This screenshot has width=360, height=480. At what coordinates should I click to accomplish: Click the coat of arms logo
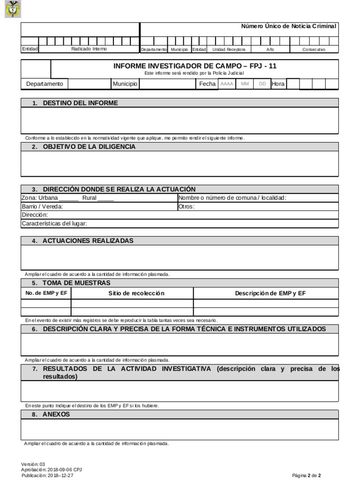point(12,9)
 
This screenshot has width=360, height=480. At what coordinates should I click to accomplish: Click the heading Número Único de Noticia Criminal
point(289,26)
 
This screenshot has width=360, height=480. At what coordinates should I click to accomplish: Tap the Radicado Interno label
point(89,49)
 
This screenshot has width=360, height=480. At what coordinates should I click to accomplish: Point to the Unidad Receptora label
point(229,49)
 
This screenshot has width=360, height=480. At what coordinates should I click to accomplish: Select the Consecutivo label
point(314,49)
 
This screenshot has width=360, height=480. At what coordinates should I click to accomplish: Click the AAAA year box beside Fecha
point(227,84)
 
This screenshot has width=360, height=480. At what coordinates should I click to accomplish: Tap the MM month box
point(245,84)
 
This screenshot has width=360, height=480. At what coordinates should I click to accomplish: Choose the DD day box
point(262,84)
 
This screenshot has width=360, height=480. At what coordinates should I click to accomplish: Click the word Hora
point(278,84)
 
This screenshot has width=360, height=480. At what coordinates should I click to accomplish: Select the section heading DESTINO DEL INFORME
point(80,103)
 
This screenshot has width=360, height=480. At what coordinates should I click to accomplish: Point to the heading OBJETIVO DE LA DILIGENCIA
point(89,147)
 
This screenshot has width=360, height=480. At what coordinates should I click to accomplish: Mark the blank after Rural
point(105,198)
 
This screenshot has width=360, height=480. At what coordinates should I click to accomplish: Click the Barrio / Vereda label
point(42,206)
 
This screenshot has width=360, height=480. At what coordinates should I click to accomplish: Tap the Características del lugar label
point(54,223)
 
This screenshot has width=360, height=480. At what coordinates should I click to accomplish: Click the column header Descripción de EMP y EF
point(270,293)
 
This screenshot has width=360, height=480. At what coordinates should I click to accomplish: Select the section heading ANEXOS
point(56,414)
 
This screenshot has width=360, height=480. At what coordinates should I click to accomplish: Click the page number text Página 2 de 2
point(307,475)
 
